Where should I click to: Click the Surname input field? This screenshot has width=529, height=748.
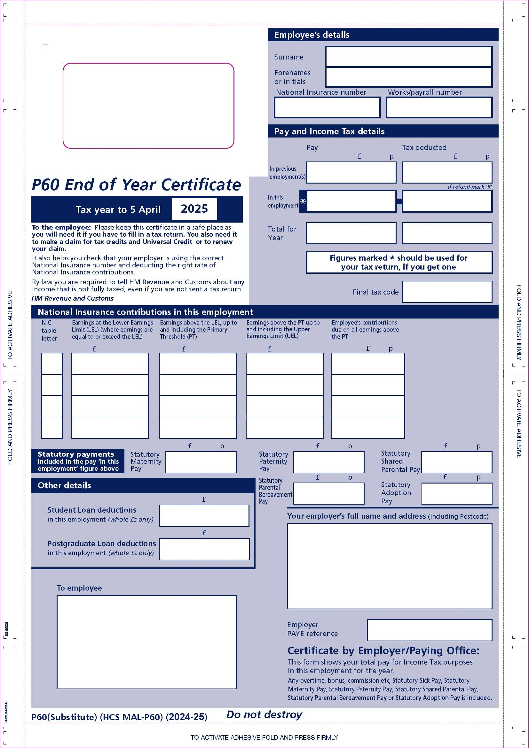pos(408,57)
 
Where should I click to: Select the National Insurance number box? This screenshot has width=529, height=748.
pos(327,107)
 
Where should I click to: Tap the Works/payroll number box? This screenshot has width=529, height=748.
pos(439,107)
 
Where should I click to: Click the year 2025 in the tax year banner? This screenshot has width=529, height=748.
pos(194,209)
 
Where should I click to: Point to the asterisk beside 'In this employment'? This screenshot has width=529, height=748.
pos(303,202)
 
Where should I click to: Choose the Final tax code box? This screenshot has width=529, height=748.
pos(447,292)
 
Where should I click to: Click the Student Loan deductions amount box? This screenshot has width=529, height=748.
pos(204,516)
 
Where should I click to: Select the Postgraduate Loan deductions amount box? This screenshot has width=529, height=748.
pos(204,549)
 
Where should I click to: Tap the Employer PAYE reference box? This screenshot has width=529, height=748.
pos(429,630)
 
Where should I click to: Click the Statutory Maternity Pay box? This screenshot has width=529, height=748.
pos(201,462)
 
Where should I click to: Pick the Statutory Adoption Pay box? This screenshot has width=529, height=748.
pos(457,493)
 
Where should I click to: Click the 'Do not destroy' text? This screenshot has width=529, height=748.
pos(264,714)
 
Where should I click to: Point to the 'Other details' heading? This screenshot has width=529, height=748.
pos(64,485)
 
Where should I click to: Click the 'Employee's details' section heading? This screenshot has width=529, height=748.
pos(312,35)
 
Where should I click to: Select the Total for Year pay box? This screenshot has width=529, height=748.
pos(351,233)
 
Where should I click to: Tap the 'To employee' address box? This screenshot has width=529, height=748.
pos(146,642)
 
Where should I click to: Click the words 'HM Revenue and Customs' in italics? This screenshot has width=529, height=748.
pos(72,298)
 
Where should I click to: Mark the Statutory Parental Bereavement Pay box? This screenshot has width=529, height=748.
pos(329,493)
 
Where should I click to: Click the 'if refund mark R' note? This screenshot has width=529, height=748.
pos(470,187)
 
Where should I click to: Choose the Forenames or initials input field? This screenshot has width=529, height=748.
pos(408,77)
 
